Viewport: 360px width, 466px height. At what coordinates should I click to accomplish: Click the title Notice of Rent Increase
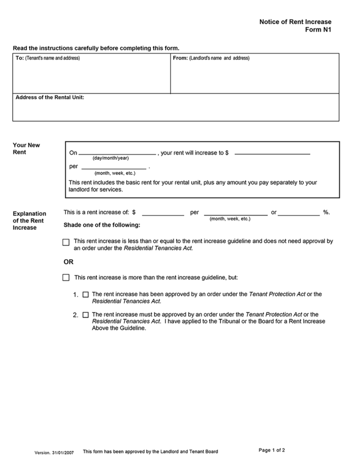point(295,22)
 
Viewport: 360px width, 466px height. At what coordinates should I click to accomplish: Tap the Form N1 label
point(318,30)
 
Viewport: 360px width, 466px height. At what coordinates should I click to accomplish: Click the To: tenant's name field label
point(47,58)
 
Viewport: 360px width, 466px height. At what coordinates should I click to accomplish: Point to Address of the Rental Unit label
point(50,97)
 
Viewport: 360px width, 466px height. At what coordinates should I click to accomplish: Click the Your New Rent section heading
point(26,149)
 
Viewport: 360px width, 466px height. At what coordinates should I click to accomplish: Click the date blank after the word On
point(117,152)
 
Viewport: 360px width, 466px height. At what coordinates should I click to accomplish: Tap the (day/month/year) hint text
point(111,158)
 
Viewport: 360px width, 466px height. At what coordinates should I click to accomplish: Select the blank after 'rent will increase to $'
point(272,152)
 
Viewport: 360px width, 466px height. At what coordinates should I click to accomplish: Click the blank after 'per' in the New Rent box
point(113,167)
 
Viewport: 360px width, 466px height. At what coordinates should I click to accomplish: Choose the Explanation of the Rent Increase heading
point(29,221)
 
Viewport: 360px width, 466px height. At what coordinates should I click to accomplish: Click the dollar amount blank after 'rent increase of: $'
point(163,213)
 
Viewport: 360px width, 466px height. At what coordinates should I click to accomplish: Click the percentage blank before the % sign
point(299,213)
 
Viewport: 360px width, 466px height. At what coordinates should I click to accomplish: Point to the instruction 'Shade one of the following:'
point(101,225)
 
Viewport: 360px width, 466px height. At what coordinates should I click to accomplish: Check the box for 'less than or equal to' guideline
point(66,242)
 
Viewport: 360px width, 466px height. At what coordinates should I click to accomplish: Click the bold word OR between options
point(68,262)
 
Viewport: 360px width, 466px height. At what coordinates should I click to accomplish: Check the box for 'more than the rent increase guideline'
point(66,278)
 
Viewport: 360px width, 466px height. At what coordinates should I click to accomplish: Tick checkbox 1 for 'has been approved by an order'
point(85,295)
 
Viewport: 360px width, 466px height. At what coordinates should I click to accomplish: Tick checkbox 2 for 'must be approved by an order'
point(85,315)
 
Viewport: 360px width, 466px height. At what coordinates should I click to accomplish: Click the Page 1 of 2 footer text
point(272,450)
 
